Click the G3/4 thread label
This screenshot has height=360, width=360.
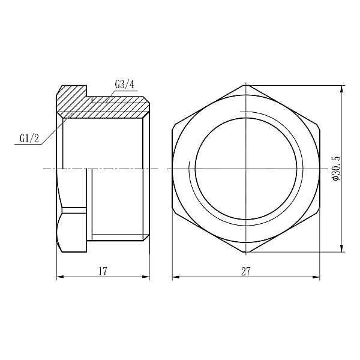point(124,85)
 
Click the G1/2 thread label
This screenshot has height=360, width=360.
point(29,139)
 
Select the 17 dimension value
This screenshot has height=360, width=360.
point(103,271)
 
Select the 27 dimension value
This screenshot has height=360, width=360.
point(245,271)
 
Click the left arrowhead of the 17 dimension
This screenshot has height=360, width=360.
point(59,277)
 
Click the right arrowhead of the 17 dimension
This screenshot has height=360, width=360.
point(147,277)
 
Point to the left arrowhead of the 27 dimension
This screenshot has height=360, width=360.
point(175,277)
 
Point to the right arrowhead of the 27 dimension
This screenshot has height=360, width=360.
point(317,277)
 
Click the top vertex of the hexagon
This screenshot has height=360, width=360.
point(245,85)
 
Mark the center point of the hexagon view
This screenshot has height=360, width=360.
point(245,169)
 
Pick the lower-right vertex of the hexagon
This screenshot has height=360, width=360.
point(319,211)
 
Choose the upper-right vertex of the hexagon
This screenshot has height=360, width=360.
point(319,127)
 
